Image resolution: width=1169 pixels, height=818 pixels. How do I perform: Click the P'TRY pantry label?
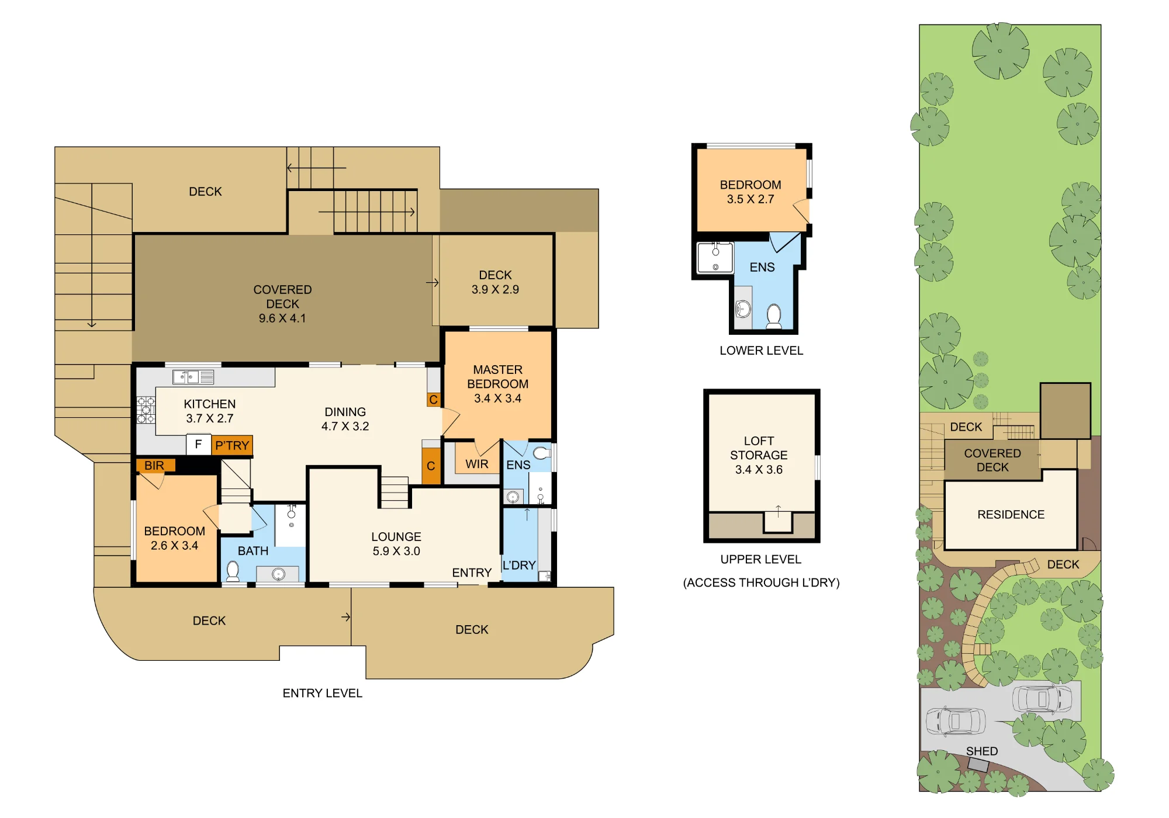[232, 445]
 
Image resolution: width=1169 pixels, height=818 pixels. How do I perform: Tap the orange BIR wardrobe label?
[154, 465]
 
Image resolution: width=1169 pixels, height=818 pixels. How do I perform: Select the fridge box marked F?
[199, 444]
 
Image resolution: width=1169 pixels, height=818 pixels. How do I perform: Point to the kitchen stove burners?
[146, 410]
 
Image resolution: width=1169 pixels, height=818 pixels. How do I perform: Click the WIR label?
[477, 464]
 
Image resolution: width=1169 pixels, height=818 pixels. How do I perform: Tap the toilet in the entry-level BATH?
[233, 570]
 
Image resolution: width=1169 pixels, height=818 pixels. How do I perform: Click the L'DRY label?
[519, 565]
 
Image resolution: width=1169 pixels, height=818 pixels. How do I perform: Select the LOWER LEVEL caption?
[761, 351]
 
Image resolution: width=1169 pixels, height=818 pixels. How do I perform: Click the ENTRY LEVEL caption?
[323, 693]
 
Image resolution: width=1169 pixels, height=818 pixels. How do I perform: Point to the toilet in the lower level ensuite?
[774, 316]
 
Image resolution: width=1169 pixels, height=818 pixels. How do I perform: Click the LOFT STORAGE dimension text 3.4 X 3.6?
[759, 469]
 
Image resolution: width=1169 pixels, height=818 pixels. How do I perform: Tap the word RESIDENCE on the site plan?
[1011, 514]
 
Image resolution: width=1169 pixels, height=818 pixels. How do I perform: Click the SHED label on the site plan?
[982, 751]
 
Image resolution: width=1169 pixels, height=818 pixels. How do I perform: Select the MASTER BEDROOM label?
[497, 377]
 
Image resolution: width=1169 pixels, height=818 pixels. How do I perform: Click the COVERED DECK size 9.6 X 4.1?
[282, 318]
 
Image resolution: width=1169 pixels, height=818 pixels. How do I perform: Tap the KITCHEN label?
[210, 404]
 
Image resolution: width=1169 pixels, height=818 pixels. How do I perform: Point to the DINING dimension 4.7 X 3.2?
[345, 426]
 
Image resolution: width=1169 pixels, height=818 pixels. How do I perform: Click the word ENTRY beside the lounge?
[472, 573]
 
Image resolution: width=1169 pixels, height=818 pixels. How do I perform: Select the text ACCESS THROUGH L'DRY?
[761, 583]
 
